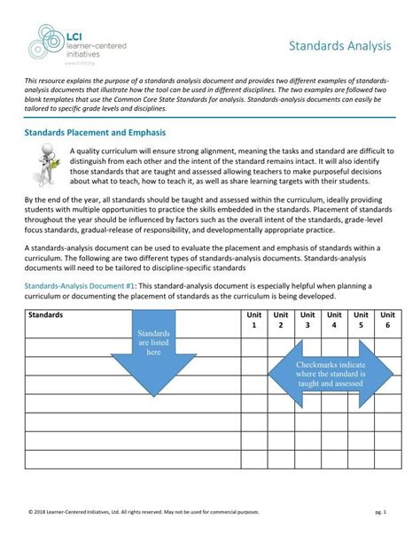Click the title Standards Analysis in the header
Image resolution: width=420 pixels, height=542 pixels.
coord(343,44)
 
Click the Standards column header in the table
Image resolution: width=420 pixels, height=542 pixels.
coord(46,314)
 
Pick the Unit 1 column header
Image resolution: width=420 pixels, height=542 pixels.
coord(253,320)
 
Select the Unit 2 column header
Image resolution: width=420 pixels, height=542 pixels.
coord(281,320)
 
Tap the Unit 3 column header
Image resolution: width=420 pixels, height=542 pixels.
coord(307,320)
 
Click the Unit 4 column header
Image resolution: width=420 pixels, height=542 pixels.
coord(334,320)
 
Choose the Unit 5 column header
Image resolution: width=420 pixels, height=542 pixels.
coord(361,320)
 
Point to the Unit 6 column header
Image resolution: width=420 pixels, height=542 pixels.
coord(387,320)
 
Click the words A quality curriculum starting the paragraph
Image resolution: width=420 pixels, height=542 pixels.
coord(115,151)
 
